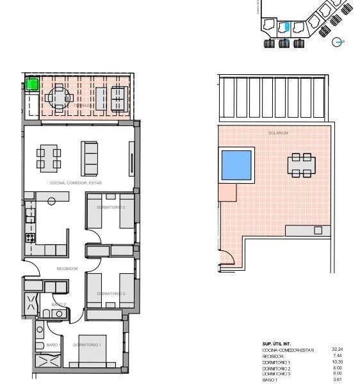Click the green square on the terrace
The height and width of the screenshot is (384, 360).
pos(32,84)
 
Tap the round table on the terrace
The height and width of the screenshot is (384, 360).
pos(59,98)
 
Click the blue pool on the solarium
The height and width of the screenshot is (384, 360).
pos(236,164)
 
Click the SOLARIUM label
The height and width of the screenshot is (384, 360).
pos(278,133)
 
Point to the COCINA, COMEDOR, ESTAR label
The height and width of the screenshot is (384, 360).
pos(76,183)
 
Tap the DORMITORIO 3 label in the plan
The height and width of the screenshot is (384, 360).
pos(111,207)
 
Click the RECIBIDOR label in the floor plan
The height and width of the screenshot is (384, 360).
pos(67,269)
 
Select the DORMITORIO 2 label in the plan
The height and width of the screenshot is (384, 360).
pos(111,294)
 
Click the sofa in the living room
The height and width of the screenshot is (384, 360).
pos(90,157)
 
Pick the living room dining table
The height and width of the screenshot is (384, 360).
pos(49,157)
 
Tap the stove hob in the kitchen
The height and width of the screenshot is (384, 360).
pos(29,238)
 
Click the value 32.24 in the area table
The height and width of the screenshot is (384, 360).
pos(337,349)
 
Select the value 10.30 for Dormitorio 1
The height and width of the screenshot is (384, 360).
pos(337,362)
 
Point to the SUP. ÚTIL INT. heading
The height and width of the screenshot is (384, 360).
pos(277,344)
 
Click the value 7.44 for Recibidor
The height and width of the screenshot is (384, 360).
pos(337,356)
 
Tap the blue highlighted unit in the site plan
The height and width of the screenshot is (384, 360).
pos(287,28)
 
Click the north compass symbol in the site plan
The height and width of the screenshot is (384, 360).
pos(338,42)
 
